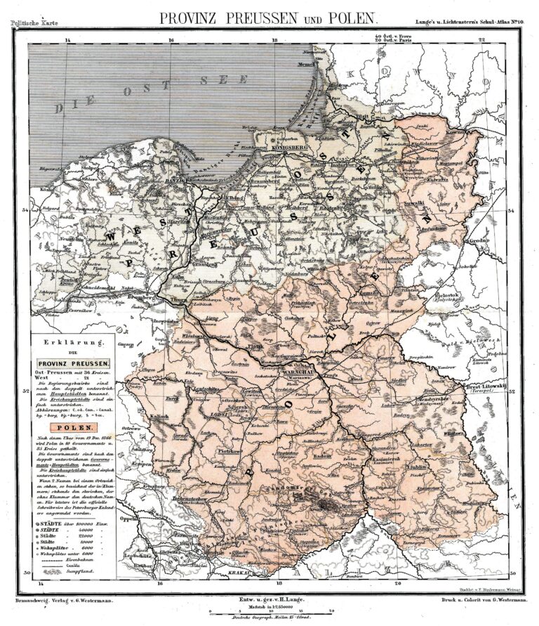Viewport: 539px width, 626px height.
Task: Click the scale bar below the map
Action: pos(269,611)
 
